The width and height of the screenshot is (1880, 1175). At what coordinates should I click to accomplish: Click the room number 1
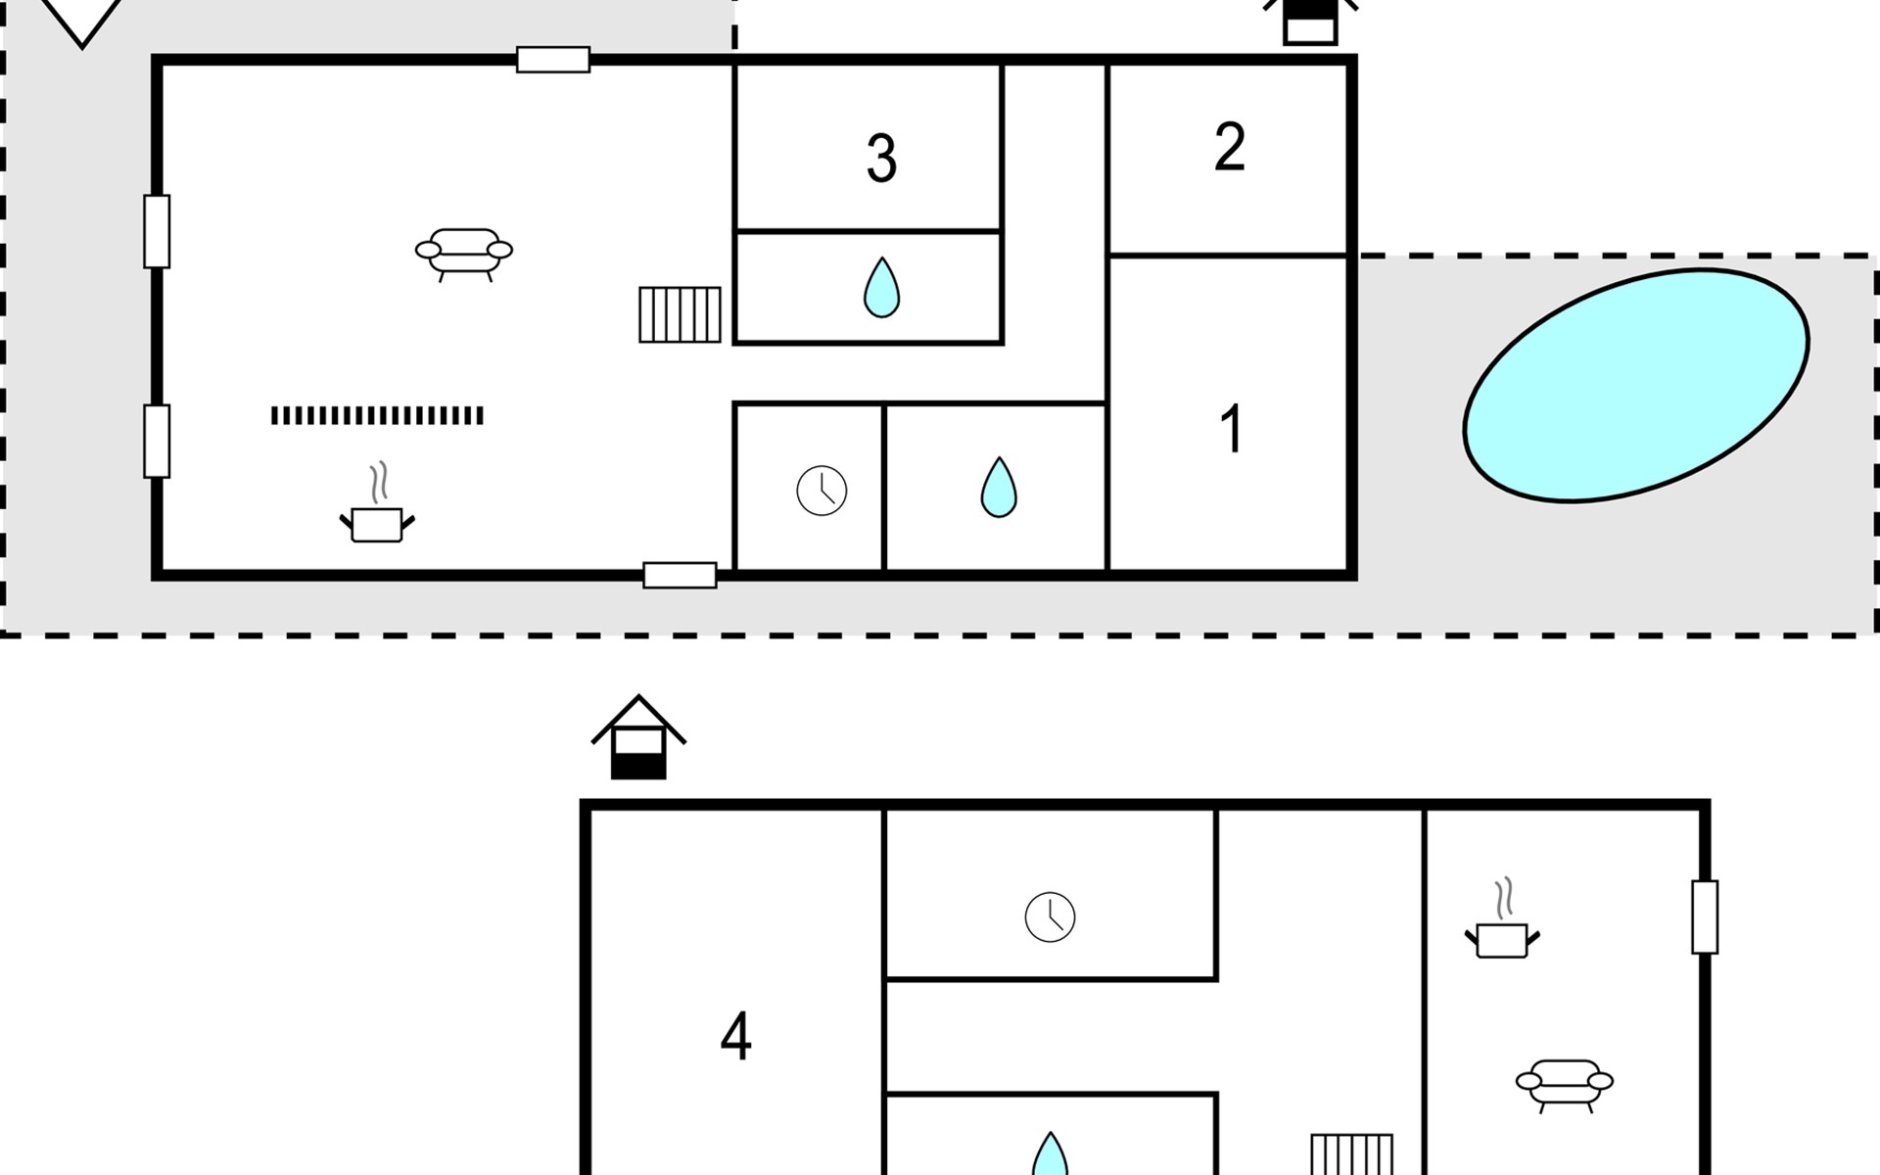(1232, 429)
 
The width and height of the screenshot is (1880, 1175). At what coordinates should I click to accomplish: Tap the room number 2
(1230, 147)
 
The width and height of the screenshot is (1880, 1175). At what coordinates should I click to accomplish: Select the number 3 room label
(881, 159)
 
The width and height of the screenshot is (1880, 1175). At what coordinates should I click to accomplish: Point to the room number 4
(735, 1037)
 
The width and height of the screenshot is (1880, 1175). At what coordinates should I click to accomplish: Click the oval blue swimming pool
(1636, 385)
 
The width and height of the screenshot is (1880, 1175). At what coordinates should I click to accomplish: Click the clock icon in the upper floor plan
(822, 491)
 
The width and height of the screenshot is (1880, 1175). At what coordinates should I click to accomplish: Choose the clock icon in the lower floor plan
(1050, 917)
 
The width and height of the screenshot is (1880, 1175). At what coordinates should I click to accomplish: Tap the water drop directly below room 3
(881, 288)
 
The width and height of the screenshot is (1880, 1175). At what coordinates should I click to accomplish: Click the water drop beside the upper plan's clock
(999, 487)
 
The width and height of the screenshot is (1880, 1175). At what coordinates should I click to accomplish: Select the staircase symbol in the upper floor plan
(680, 314)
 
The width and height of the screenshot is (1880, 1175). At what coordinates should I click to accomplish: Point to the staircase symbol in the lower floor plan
(1351, 1155)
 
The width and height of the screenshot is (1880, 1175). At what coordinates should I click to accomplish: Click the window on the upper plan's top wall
(553, 60)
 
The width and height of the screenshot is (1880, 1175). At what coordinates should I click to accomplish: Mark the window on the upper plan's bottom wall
(680, 575)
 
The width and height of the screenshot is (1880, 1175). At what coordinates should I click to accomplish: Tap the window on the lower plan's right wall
(1705, 917)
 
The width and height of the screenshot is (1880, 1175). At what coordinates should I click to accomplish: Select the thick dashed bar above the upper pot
(377, 416)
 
